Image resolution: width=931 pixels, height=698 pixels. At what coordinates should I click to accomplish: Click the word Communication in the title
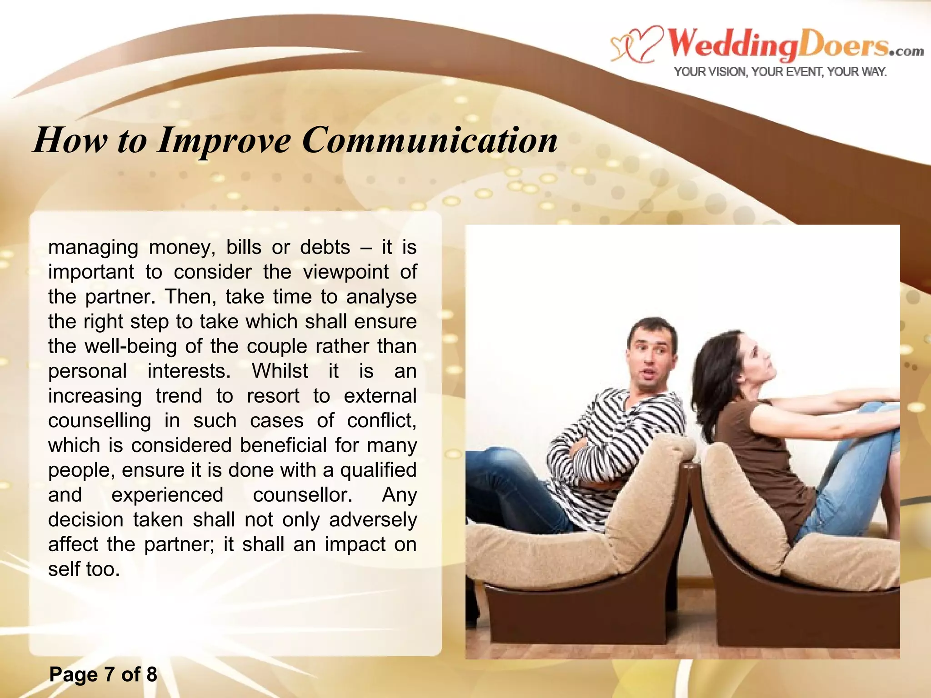[430, 140]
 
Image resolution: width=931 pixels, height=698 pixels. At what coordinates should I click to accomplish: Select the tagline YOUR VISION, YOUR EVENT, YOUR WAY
[780, 72]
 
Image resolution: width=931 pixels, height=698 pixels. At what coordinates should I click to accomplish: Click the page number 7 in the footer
[109, 674]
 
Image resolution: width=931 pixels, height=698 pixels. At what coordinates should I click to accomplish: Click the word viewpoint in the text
[345, 272]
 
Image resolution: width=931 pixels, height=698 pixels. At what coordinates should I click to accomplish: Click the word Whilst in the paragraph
[280, 371]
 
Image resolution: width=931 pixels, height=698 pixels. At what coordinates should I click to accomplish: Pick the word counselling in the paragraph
[100, 421]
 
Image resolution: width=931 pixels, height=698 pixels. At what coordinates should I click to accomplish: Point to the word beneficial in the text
[283, 445]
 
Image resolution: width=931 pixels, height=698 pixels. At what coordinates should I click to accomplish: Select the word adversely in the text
[373, 520]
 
